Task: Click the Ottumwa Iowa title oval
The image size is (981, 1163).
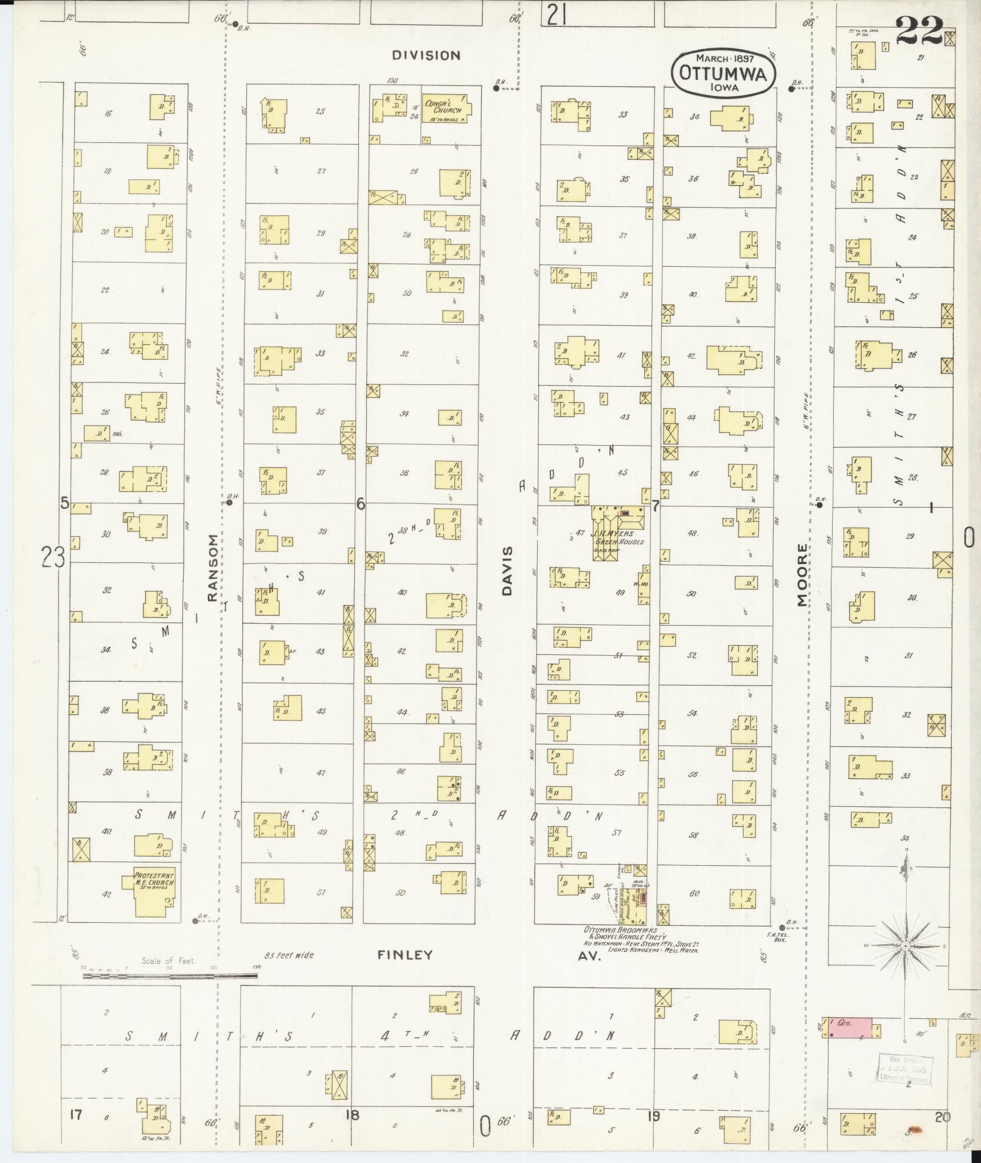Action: [x=724, y=72]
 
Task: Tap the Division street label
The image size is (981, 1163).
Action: [x=426, y=55]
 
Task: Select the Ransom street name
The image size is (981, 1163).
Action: [x=212, y=568]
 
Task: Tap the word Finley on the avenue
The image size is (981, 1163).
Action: [x=405, y=955]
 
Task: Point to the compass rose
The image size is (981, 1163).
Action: [x=906, y=947]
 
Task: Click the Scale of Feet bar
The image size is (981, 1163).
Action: [x=170, y=976]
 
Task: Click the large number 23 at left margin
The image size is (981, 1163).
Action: [x=53, y=556]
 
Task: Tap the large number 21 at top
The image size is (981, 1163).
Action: [x=556, y=15]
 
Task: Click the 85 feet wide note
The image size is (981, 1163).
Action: [x=289, y=955]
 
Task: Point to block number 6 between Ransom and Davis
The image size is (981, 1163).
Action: [x=361, y=503]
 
